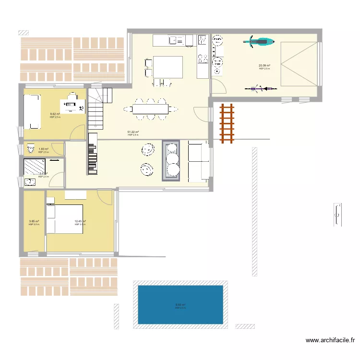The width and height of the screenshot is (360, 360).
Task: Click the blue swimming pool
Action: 180,305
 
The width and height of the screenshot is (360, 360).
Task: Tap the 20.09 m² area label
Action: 264,65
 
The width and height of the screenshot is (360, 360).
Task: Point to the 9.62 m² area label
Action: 55,114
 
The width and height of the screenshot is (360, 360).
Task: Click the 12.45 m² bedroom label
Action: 80,221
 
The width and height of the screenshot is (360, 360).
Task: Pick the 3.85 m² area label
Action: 34,221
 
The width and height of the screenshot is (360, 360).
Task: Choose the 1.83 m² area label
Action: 43,149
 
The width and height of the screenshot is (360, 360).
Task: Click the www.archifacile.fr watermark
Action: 330,341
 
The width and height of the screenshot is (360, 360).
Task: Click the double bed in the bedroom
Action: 65,219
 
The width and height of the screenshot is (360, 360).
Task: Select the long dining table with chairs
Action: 151,109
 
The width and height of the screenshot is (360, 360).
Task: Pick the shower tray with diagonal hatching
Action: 34,166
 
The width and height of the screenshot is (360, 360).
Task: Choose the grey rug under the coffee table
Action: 171,160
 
